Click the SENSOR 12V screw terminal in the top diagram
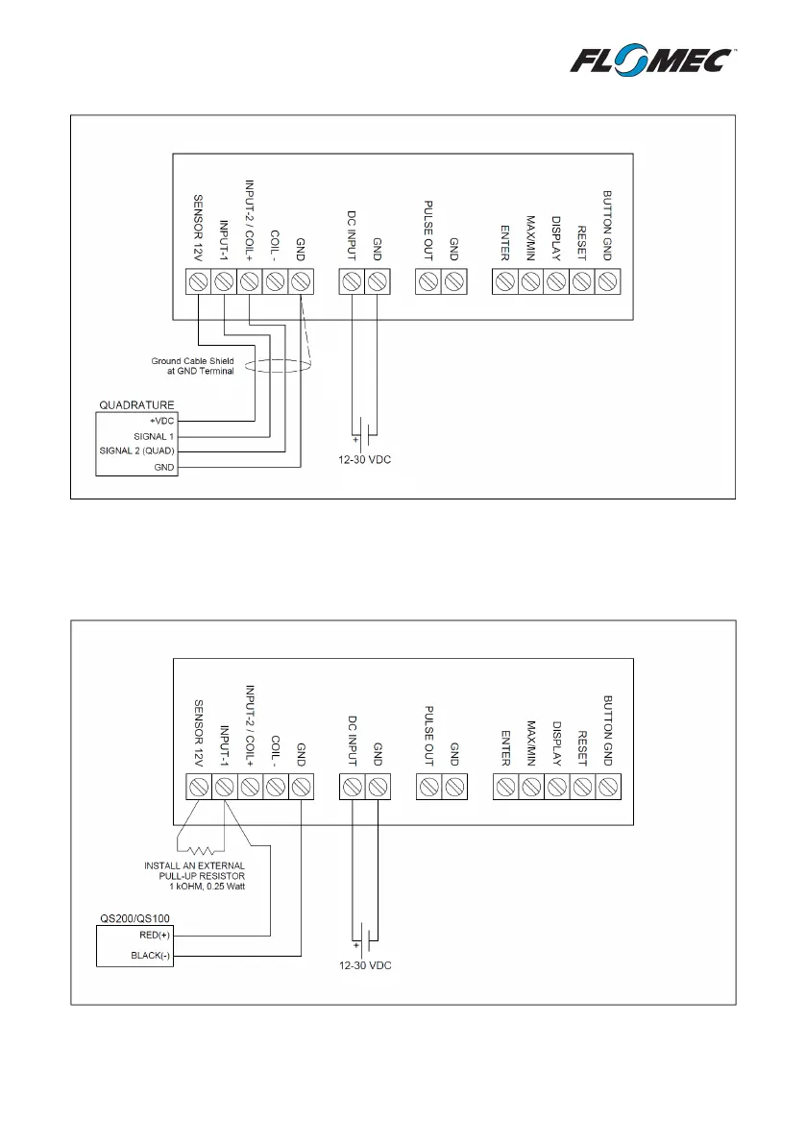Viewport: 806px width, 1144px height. pos(198,281)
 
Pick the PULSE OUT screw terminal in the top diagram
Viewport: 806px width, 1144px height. pos(428,281)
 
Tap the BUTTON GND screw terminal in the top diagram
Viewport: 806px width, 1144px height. pos(607,281)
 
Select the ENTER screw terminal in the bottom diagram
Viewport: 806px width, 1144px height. pos(504,787)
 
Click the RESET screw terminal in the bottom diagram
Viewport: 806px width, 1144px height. pos(581,787)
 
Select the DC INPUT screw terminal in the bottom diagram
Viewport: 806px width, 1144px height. pos(352,787)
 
